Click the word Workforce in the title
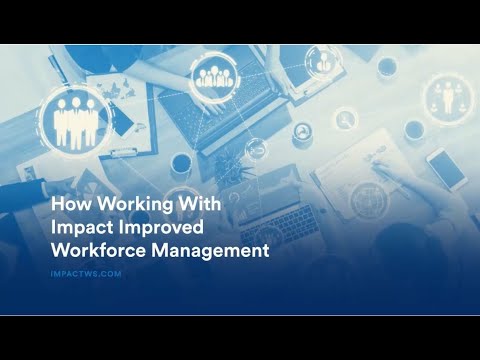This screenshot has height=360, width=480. pyautogui.click(x=95, y=250)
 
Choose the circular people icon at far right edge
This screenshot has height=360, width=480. pyautogui.click(x=444, y=97)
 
